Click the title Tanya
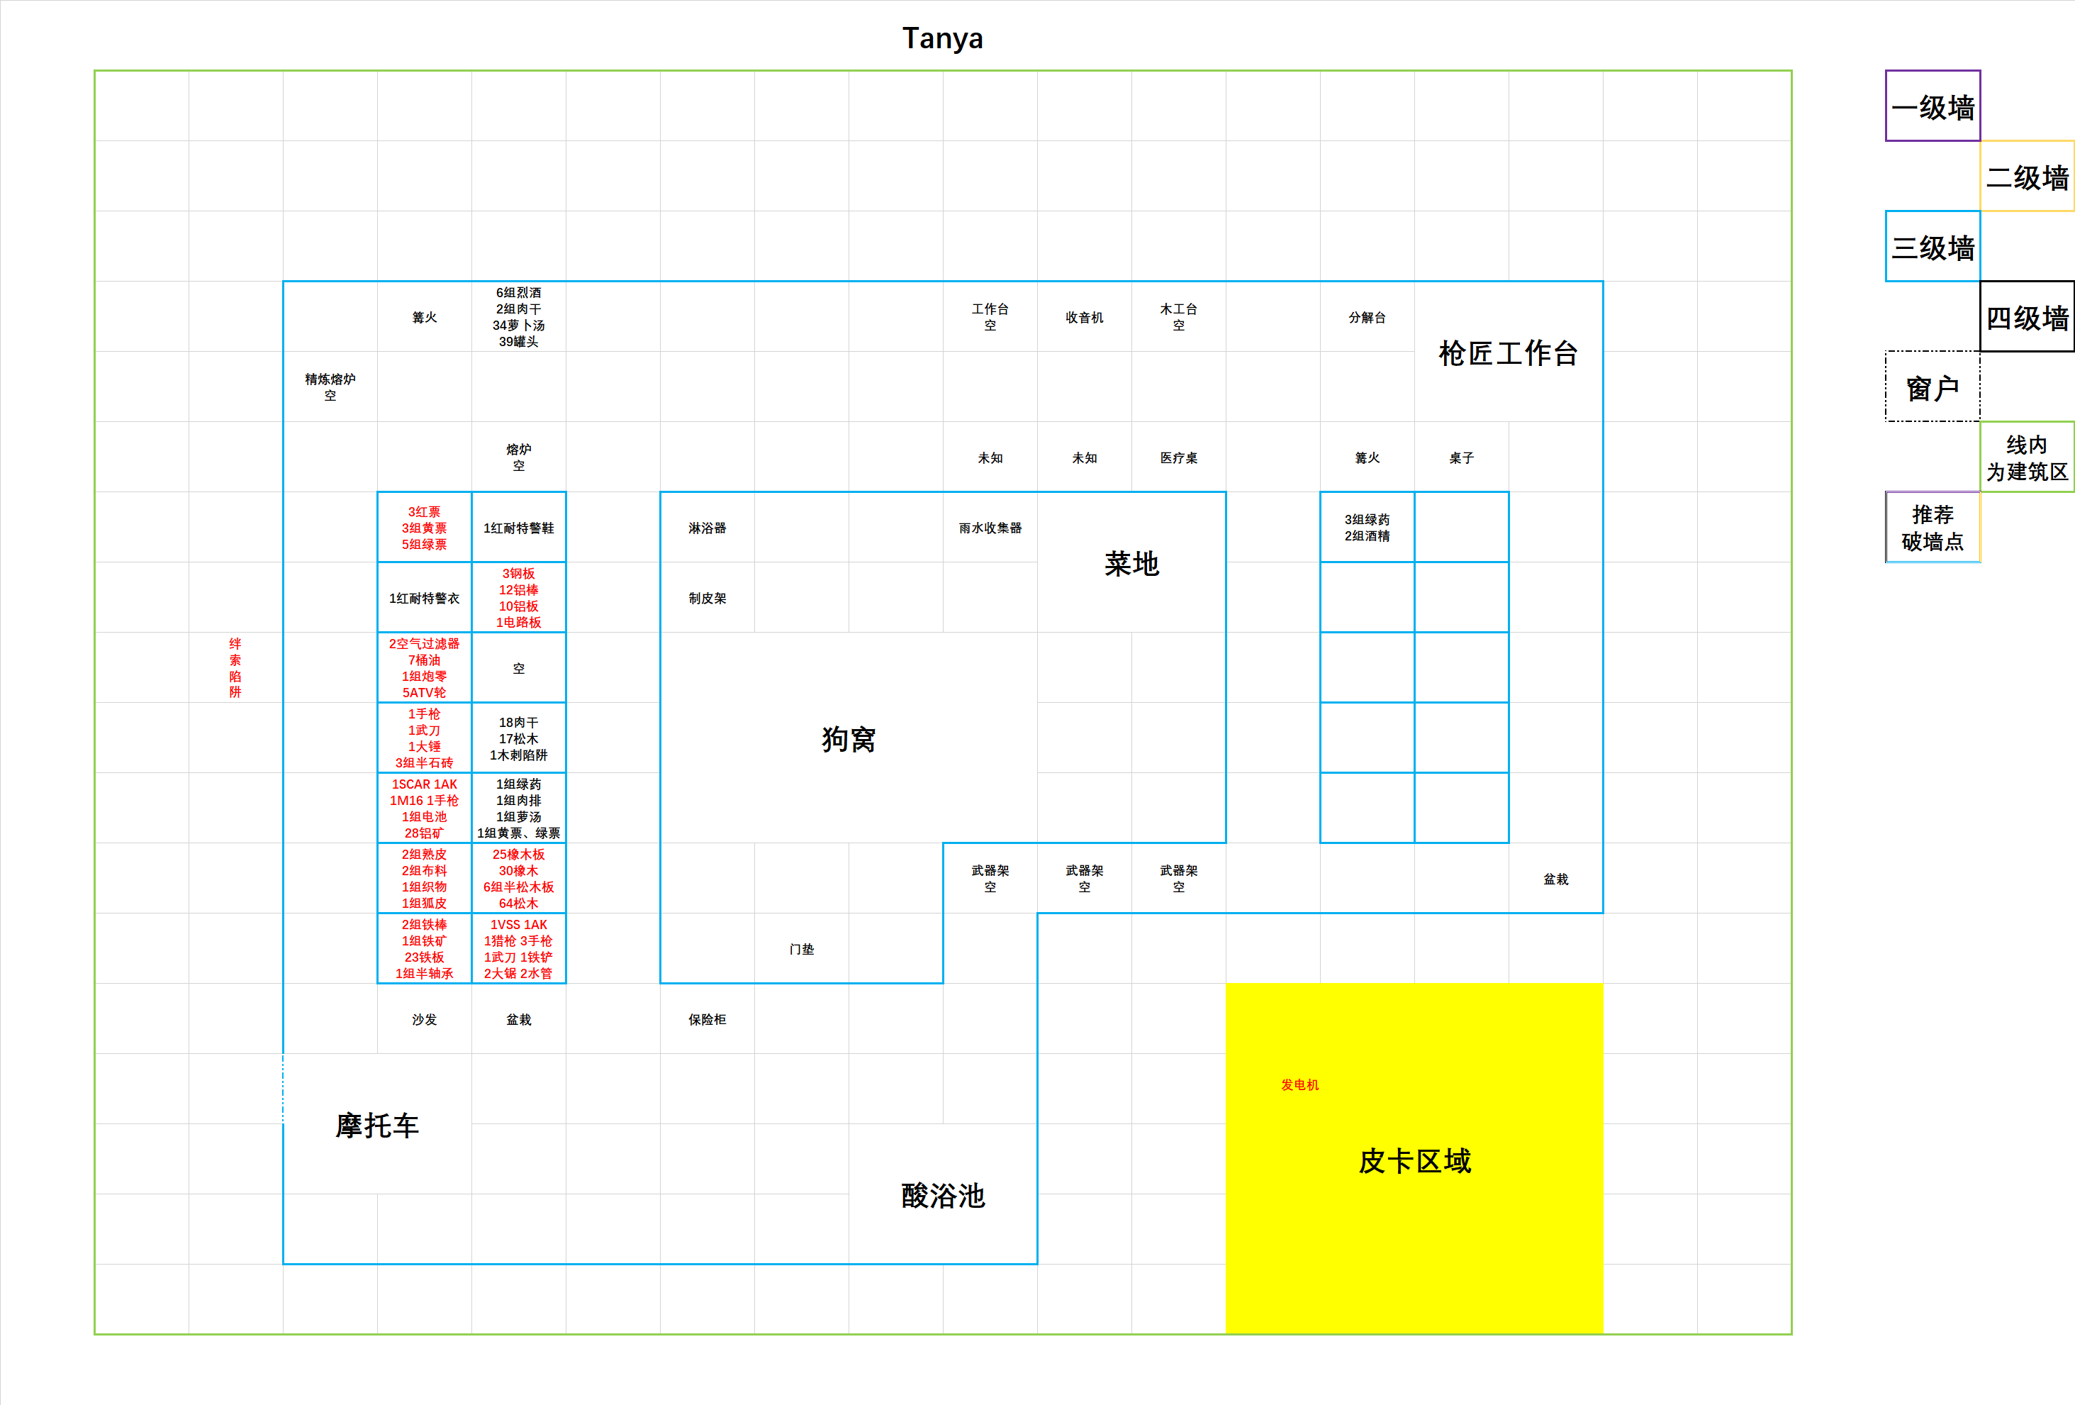[x=942, y=38]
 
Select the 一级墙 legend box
[x=1932, y=106]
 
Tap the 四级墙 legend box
[x=2027, y=317]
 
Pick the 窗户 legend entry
[x=1932, y=387]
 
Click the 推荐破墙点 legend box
[x=1932, y=527]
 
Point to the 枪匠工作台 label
[x=1508, y=352]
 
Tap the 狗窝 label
[x=848, y=739]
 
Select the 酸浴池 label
[x=943, y=1195]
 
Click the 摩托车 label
[x=376, y=1125]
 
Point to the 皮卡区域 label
[x=1414, y=1160]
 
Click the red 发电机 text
[x=1299, y=1084]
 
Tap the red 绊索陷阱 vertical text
[x=235, y=667]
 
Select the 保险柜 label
[x=707, y=1019]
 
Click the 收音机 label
[x=1084, y=317]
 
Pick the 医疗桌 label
[x=1178, y=457]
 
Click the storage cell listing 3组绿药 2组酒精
[x=1367, y=527]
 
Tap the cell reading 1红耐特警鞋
[x=519, y=527]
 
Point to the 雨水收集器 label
[x=990, y=528]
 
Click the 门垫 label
[x=802, y=948]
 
